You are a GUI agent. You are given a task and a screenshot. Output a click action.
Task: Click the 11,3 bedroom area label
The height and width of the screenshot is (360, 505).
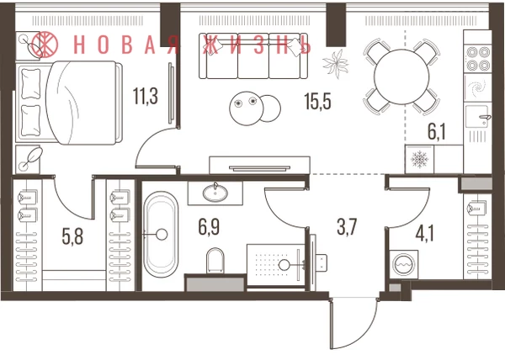pos(146,97)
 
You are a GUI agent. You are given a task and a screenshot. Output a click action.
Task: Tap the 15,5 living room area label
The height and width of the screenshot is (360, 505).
pos(317,102)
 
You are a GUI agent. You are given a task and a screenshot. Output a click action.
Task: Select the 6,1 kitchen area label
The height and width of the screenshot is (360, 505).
pos(437,132)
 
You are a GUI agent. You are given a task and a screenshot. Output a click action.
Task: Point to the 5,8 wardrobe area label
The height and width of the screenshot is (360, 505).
pos(72,236)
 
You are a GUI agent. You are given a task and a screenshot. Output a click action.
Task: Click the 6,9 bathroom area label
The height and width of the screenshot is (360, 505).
pos(209,227)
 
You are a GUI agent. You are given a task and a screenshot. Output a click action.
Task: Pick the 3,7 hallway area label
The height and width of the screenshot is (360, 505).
pos(347,226)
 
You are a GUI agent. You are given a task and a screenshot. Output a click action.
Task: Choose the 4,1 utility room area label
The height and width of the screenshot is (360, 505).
pos(424,233)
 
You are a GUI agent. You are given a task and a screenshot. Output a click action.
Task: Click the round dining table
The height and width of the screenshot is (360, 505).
pos(401,77)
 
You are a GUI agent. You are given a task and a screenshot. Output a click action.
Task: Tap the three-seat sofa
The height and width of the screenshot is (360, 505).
pos(253,56)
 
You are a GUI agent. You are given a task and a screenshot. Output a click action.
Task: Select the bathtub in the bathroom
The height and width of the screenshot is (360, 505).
pos(161,235)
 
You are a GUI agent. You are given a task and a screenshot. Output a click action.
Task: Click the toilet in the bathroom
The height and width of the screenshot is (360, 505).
pos(215,260)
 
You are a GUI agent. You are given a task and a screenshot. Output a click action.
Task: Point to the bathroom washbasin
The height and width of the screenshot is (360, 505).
pos(215,193)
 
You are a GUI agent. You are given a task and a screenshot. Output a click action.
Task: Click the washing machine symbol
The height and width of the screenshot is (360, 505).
pos(404,264)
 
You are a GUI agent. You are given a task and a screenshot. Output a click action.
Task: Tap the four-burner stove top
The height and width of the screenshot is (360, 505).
pos(478,59)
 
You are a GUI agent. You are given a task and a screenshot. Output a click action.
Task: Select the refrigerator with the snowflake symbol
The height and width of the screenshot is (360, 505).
pos(419,159)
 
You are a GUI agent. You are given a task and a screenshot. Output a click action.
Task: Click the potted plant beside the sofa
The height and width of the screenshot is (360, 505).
pos(336,64)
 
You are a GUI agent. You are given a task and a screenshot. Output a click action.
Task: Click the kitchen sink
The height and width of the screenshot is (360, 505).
pos(478,116)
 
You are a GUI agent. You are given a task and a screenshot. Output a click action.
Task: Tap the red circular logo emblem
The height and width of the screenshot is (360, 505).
pos(45,45)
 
